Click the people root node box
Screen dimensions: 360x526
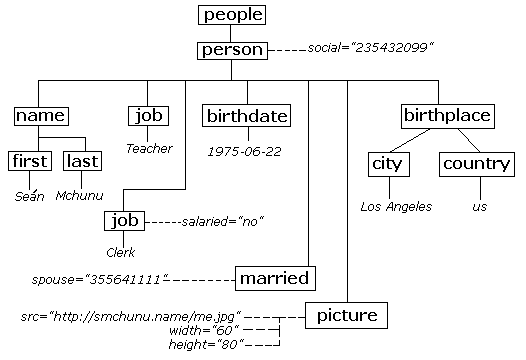(x=232, y=15)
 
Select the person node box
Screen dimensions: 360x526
(x=232, y=49)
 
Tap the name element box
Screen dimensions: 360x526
(x=40, y=116)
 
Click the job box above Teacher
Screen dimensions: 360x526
(x=149, y=116)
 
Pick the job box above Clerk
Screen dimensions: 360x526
(x=125, y=220)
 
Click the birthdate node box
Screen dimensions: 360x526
(x=246, y=116)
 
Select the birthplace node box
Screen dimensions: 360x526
(x=447, y=116)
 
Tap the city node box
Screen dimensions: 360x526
(x=388, y=164)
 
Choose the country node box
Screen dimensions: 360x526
(x=476, y=164)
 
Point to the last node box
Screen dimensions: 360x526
(x=82, y=161)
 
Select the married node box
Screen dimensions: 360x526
(x=274, y=277)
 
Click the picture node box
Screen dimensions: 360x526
(x=345, y=317)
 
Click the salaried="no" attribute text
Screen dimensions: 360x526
(x=222, y=220)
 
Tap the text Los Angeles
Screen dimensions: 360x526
(x=396, y=207)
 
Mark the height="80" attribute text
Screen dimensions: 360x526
(x=205, y=344)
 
